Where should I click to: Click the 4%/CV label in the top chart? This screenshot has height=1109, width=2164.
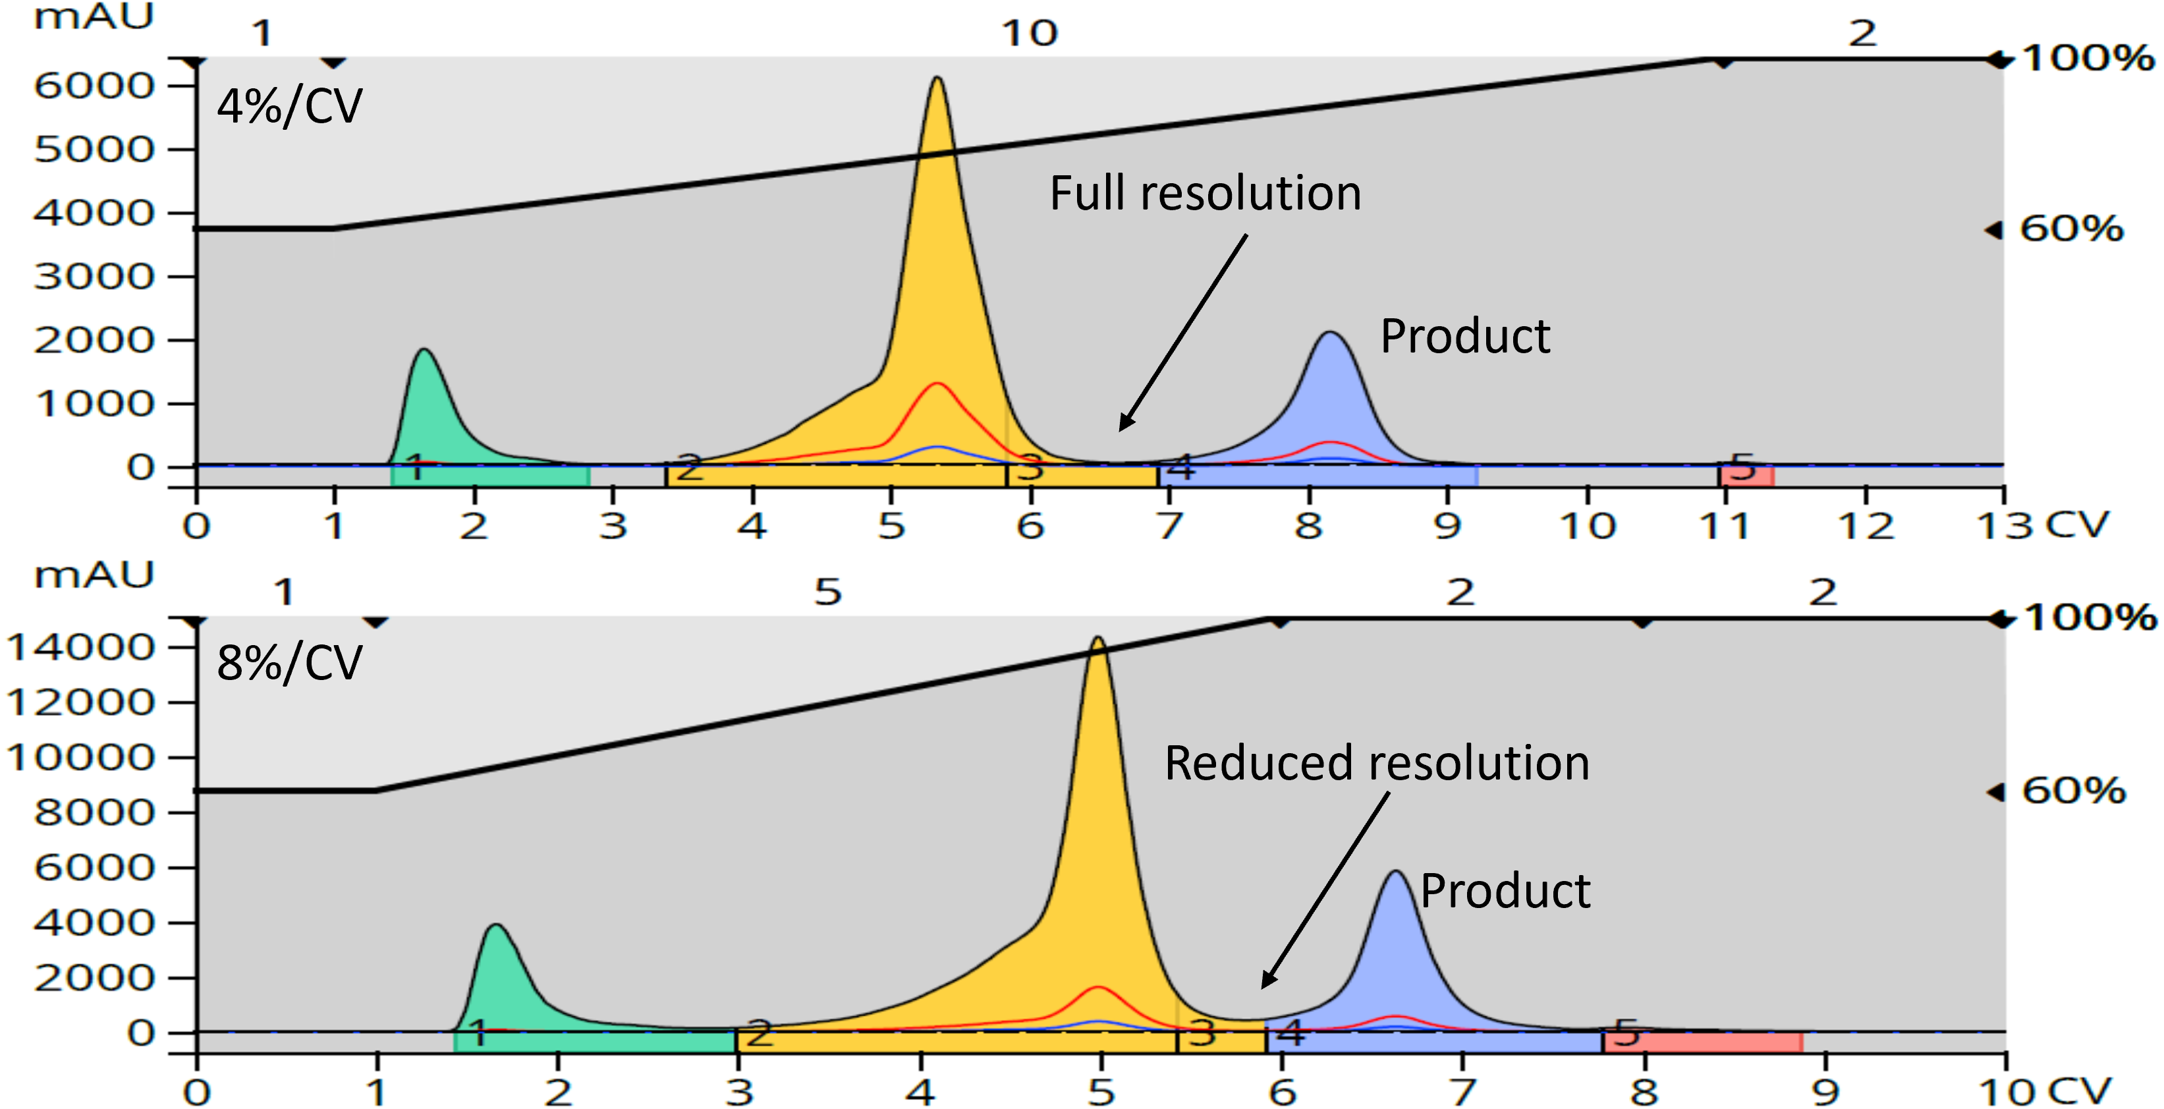(x=289, y=107)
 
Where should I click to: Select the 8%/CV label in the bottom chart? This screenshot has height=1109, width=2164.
(x=289, y=663)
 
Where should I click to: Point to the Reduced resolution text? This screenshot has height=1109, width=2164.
(x=1376, y=763)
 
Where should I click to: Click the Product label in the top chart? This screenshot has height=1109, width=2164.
(x=1464, y=336)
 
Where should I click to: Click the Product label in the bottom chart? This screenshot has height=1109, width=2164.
(x=1505, y=891)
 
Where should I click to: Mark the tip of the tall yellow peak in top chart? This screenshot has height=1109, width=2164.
(x=937, y=79)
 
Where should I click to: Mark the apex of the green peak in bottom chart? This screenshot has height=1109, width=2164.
(x=497, y=926)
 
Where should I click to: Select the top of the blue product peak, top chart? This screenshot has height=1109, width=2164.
(x=1331, y=333)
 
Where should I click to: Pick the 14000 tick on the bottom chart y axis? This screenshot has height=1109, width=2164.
(x=80, y=647)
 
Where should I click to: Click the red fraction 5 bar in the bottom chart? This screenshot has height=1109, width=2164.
(x=1702, y=1042)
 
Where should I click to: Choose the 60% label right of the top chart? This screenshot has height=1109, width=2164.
(x=2070, y=229)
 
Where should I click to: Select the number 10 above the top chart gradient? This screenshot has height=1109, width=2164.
(x=1029, y=34)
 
